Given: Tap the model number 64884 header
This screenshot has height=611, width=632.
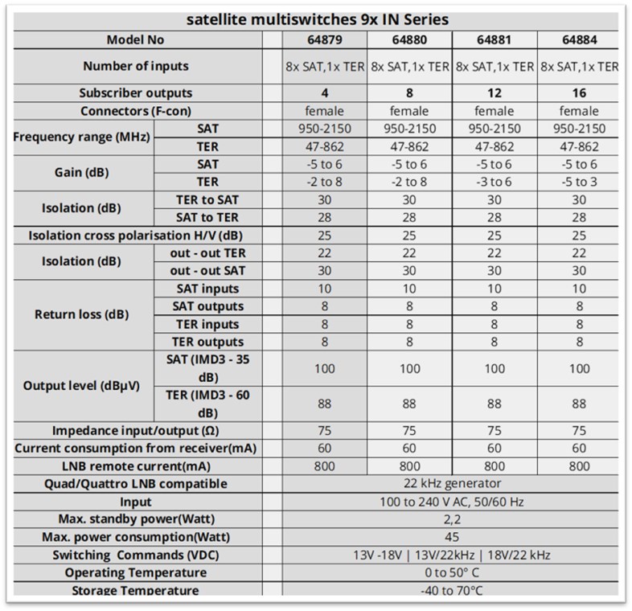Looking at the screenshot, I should tap(579, 39).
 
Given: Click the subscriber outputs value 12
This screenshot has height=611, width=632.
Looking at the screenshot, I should tap(494, 92).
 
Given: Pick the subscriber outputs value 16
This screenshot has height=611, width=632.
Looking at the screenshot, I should tap(579, 92).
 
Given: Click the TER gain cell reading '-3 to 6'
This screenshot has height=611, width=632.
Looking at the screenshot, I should tap(494, 182).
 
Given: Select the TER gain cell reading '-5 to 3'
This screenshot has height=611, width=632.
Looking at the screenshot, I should tap(579, 182).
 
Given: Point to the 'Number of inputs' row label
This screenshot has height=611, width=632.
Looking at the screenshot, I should tap(136, 66).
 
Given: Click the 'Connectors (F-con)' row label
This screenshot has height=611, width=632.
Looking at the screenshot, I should tap(136, 111).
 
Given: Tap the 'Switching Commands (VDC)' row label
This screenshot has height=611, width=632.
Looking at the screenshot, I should tap(136, 555).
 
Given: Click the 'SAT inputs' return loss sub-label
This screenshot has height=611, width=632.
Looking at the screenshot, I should tap(207, 289).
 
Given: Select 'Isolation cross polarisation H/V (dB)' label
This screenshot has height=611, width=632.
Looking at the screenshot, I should tap(136, 236).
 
